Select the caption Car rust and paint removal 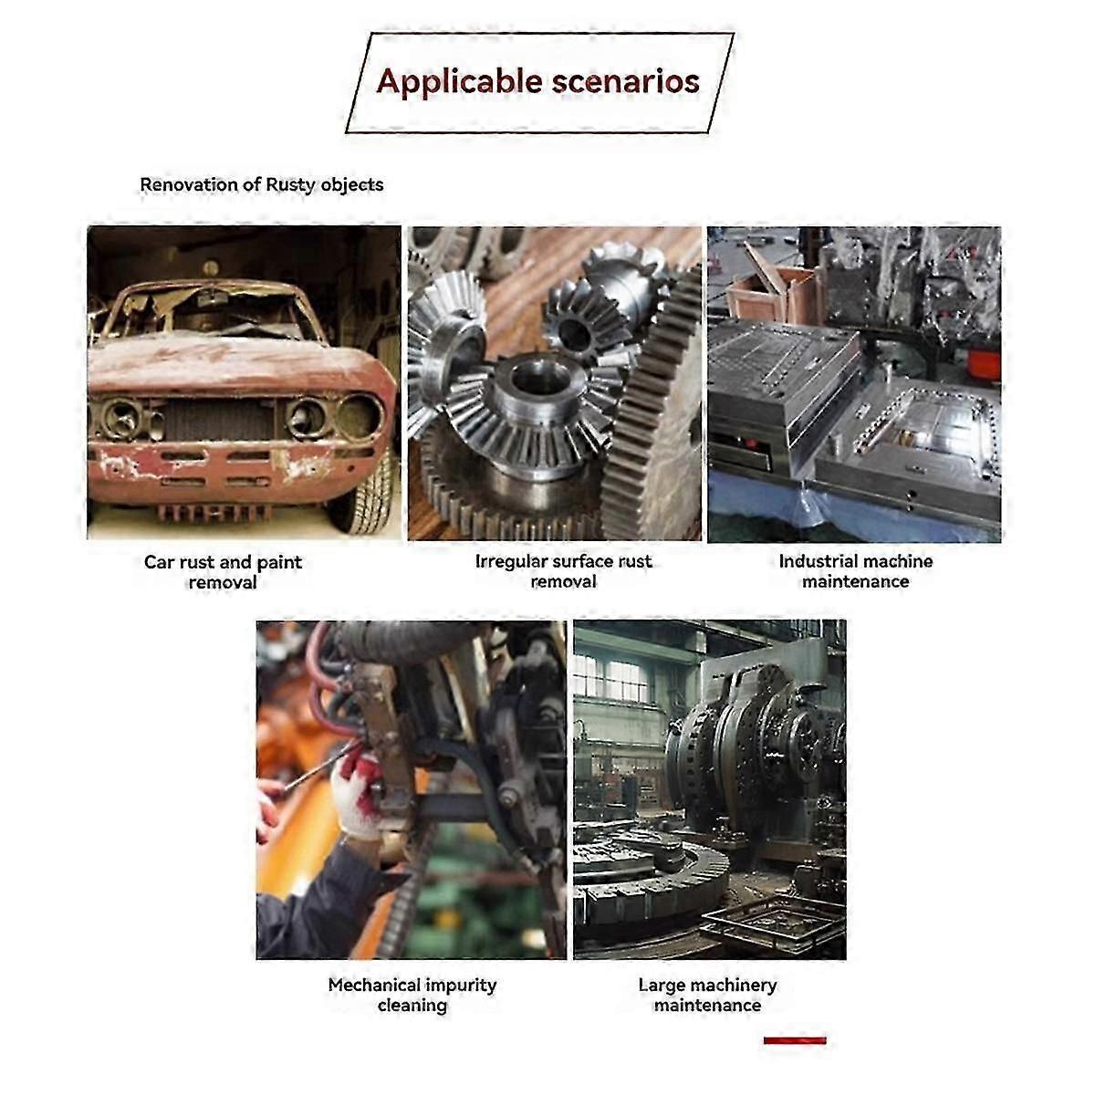point(223,571)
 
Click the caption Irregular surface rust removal point(563,571)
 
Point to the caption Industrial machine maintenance point(855,571)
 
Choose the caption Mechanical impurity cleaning point(412,995)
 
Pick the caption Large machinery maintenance point(707,995)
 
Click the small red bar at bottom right point(795,1040)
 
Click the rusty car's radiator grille point(218,419)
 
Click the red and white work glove point(358,791)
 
